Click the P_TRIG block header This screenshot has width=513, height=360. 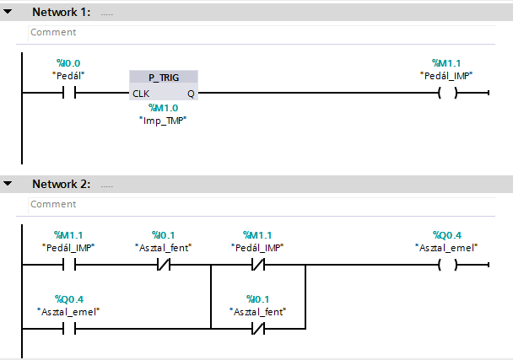click(164, 77)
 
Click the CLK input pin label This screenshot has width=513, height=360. click(141, 93)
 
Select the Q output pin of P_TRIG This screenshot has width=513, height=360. click(191, 93)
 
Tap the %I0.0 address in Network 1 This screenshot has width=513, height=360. click(68, 63)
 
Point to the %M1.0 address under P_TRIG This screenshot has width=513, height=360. click(163, 108)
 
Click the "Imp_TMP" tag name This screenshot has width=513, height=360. click(163, 120)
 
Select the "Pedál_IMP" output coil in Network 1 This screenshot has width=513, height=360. click(446, 93)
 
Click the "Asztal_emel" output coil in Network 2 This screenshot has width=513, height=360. click(446, 265)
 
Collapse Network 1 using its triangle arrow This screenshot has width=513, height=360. click(8, 13)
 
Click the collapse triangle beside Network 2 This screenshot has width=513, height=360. click(8, 184)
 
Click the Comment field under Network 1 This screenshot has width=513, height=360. click(253, 32)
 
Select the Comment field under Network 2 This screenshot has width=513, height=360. click(253, 204)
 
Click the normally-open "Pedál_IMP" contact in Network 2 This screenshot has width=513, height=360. click(68, 265)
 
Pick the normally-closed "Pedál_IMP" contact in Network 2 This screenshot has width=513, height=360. click(256, 265)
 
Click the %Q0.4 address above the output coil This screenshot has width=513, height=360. click(446, 235)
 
